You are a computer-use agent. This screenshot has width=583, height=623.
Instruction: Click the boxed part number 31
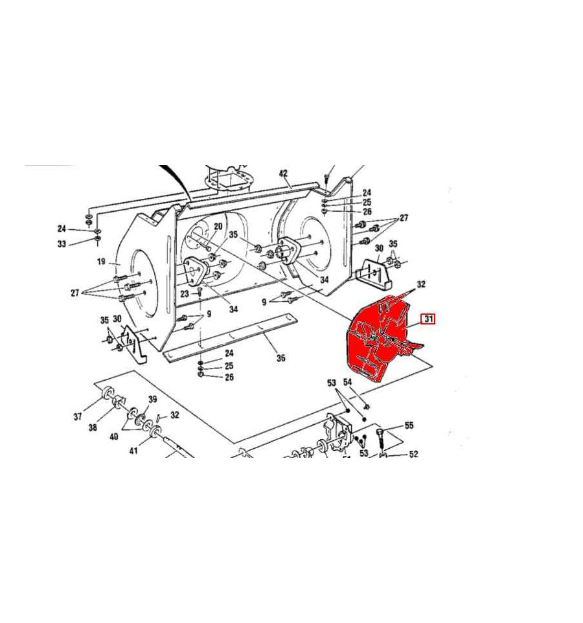[429, 319]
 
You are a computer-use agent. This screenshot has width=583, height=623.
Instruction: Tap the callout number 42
[283, 173]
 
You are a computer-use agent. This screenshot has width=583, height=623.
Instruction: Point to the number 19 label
[101, 262]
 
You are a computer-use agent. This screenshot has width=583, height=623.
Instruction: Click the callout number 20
[218, 226]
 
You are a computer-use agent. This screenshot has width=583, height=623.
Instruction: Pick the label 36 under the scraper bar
[280, 358]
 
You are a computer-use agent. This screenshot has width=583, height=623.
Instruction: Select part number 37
[78, 416]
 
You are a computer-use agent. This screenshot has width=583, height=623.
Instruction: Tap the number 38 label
[93, 427]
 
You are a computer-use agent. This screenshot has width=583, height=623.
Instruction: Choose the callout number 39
[153, 399]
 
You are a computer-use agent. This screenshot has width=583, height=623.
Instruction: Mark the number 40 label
[113, 437]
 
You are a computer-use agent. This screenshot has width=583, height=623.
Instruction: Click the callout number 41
[133, 450]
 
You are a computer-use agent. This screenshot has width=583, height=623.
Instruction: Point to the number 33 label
[62, 244]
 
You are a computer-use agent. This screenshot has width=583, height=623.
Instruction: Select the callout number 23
[185, 293]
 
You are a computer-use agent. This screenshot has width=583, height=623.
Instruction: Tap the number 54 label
[347, 383]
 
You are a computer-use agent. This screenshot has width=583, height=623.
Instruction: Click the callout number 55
[409, 425]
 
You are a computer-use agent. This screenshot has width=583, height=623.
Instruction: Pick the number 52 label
[413, 454]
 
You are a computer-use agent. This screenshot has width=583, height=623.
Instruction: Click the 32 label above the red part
[421, 284]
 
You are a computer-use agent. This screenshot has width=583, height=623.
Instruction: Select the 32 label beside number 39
[175, 415]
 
